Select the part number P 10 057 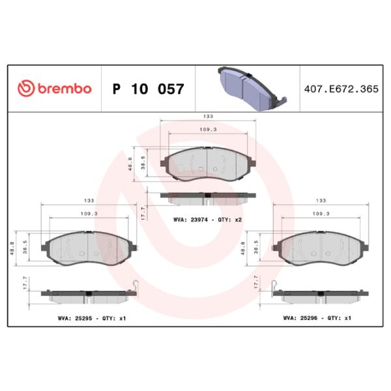[149, 89]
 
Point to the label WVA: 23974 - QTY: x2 [208, 220]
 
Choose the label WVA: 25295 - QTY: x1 [89, 319]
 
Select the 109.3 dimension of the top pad [208, 130]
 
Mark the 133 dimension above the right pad [320, 200]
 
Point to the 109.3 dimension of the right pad [320, 214]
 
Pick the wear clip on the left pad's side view [135, 285]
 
